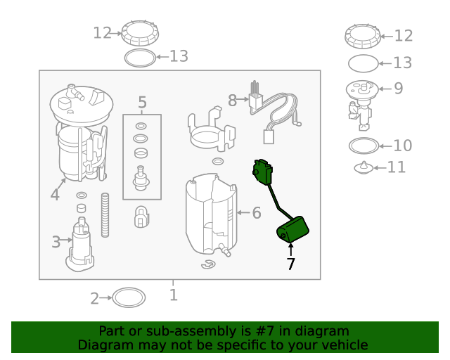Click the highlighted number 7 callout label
290,264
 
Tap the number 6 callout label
257,213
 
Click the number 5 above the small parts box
142,103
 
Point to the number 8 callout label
232,101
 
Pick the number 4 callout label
55,195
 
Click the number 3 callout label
56,242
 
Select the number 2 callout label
94,299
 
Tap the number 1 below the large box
174,295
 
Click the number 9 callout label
399,89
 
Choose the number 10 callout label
403,146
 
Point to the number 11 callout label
397,167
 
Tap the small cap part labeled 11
364,167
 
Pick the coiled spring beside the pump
105,215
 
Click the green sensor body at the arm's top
262,172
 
